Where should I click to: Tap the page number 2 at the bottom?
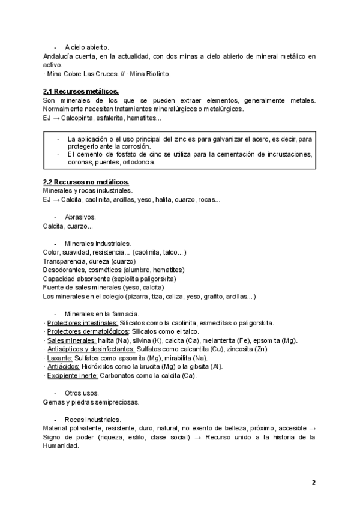coord(313,482)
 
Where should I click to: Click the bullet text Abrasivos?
coord(80,217)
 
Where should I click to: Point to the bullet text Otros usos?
coord(82,393)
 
